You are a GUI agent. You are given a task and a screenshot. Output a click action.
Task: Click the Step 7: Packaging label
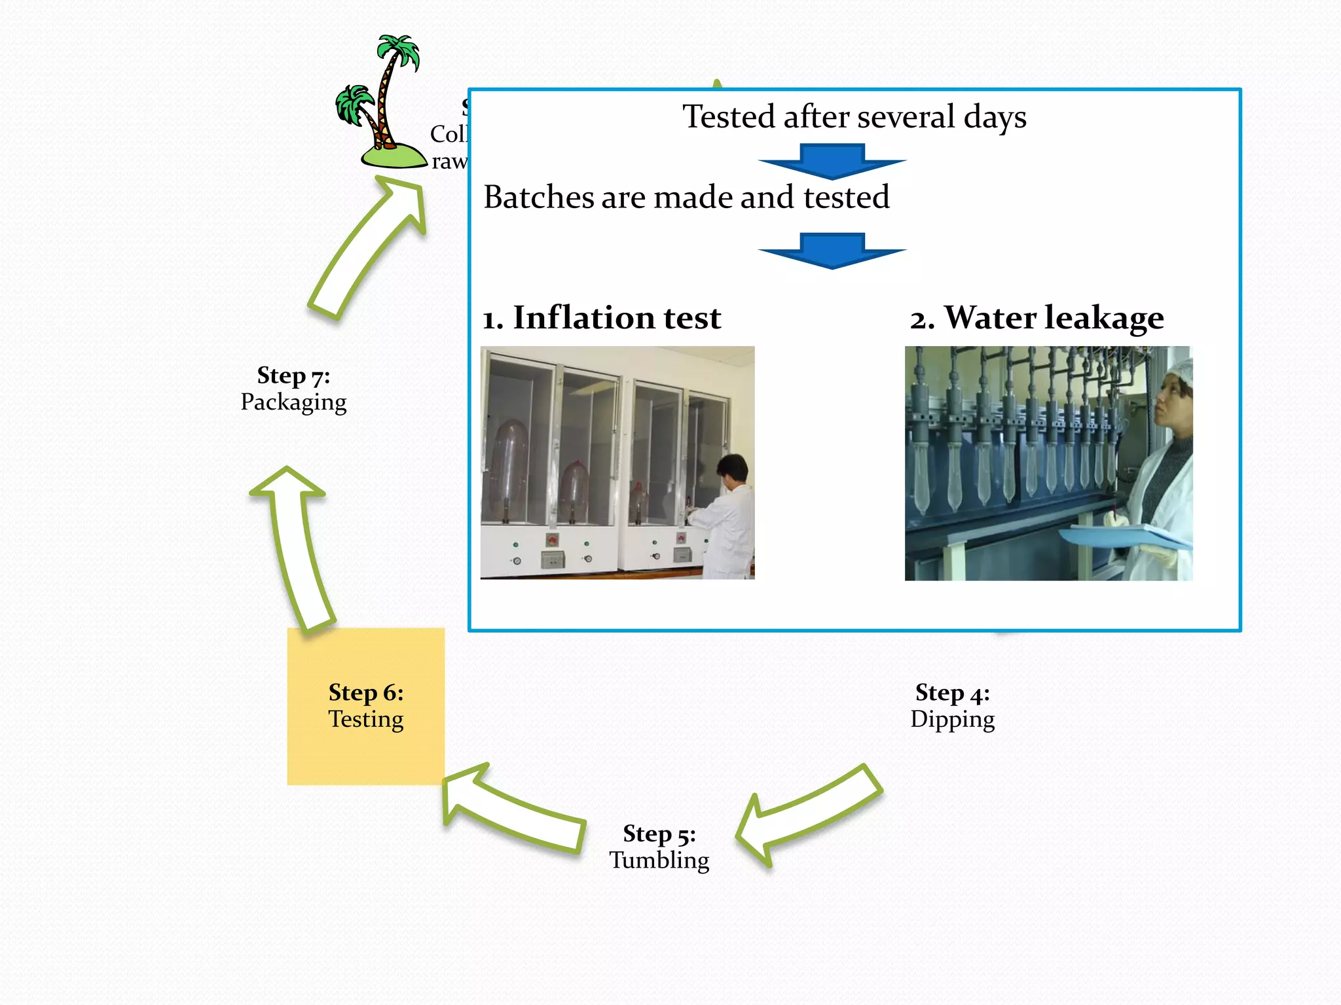click(x=293, y=389)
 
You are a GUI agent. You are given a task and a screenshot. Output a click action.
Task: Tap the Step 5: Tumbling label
click(x=659, y=847)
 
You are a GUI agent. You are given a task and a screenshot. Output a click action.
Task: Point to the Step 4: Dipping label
click(x=952, y=705)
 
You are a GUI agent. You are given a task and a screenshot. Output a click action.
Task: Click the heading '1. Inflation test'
click(x=602, y=318)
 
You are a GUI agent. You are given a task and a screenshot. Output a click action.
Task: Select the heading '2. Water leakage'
click(x=1037, y=318)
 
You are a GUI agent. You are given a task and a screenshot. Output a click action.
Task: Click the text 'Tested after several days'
click(x=854, y=117)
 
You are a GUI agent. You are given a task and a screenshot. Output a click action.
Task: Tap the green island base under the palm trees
click(x=393, y=157)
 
